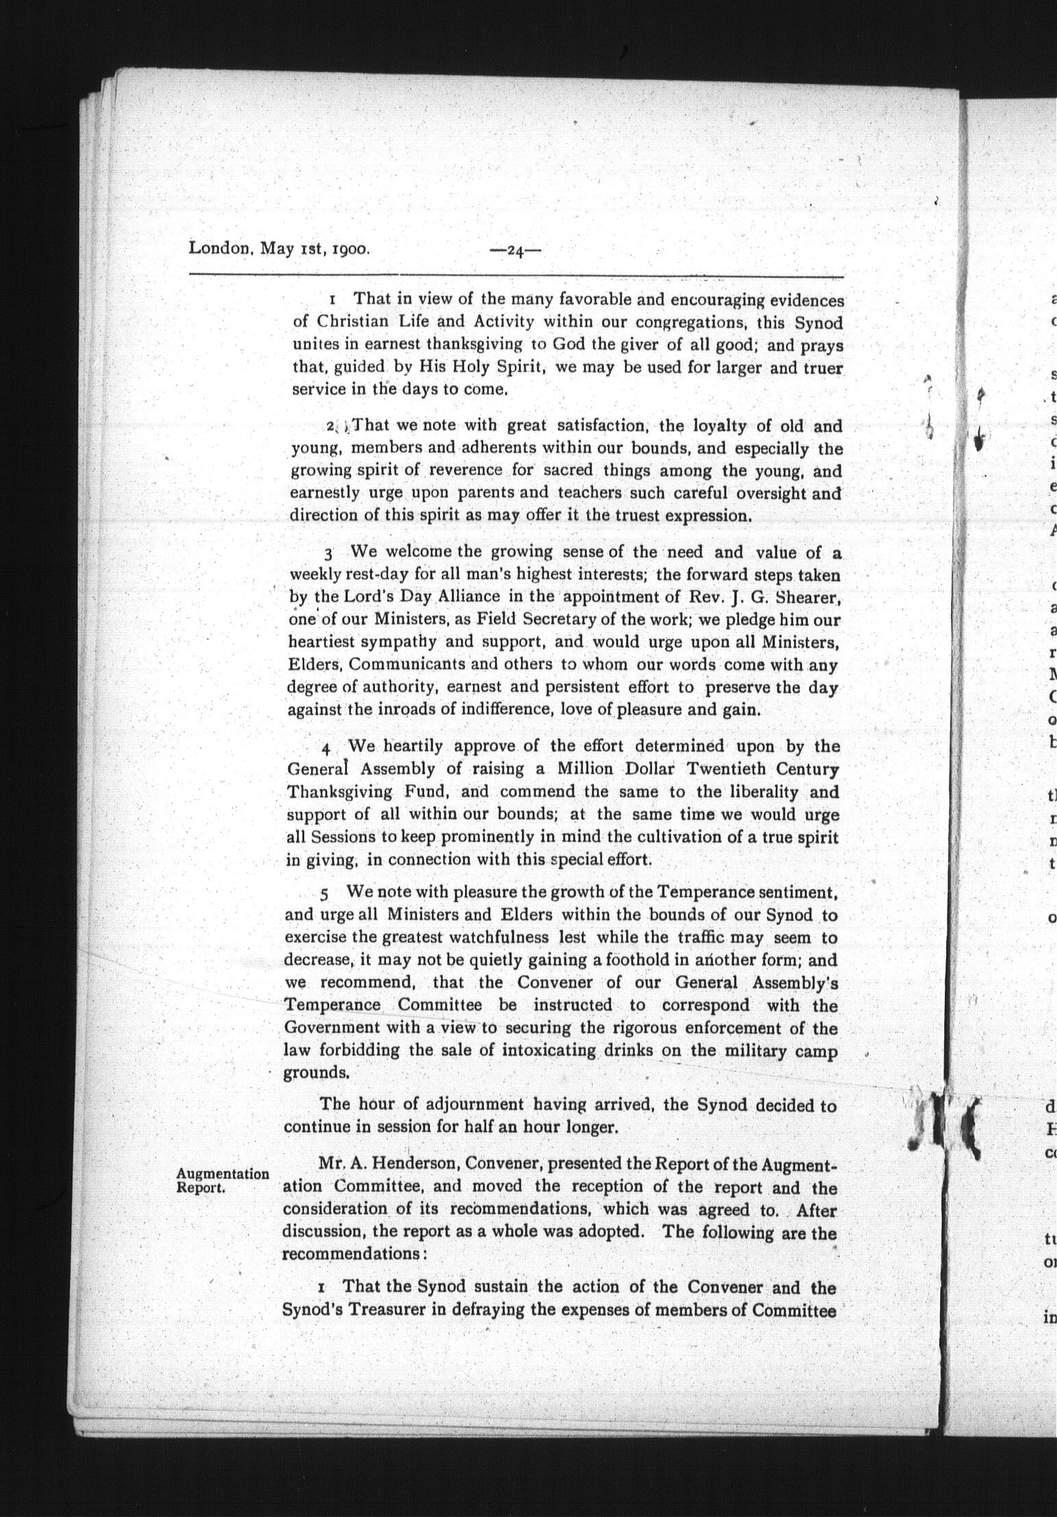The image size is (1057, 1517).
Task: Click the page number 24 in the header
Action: point(515,251)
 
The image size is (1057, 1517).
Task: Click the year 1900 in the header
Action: point(351,248)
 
